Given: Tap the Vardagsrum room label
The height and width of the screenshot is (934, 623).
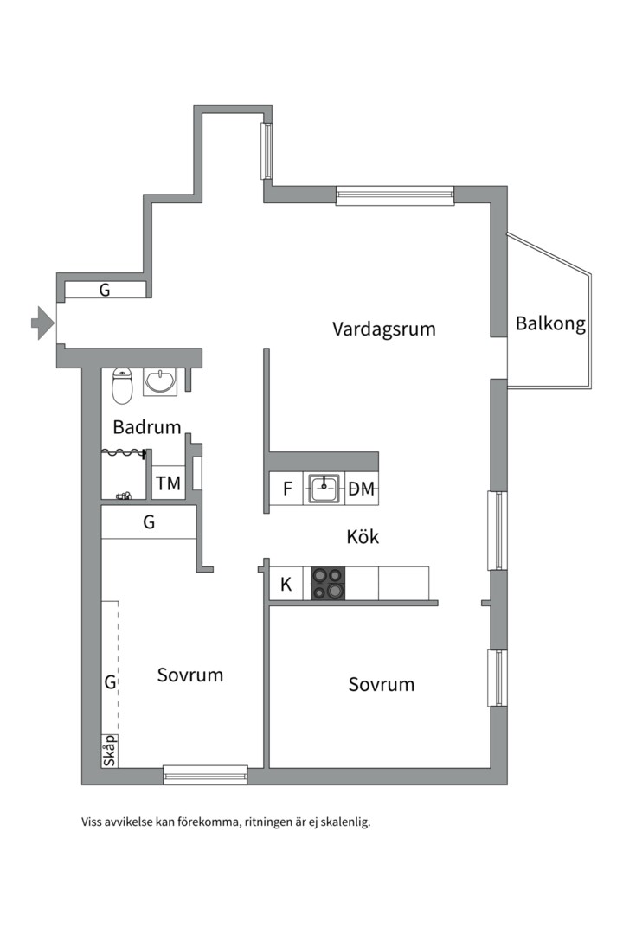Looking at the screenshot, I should point(383,329).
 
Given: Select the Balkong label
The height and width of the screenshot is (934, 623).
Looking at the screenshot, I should point(550,324).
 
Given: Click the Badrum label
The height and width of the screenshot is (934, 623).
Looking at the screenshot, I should point(147,426).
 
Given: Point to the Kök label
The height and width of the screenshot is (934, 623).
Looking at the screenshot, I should point(363,537).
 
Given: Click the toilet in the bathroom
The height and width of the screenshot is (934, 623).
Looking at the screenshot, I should point(122,387).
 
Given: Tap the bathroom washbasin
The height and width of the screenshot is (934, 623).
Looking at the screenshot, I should point(160,381).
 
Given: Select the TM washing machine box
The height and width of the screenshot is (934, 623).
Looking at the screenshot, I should point(169,483).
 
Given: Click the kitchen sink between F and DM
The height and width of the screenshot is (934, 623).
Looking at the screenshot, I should point(324,489).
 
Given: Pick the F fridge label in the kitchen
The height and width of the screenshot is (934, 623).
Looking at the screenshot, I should point(287,489).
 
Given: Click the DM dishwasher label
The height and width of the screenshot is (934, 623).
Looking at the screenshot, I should point(362,489).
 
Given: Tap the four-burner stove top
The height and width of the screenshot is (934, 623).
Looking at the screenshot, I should point(328,583).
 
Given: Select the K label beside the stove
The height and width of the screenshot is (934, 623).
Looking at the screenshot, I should point(286,584).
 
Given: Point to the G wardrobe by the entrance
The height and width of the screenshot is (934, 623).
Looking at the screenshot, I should point(105,291).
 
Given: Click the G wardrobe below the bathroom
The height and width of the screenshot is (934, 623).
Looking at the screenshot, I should point(149,522).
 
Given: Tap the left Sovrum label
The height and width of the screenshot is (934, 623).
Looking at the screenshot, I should point(190,675).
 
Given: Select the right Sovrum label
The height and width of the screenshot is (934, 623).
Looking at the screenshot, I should point(382,684).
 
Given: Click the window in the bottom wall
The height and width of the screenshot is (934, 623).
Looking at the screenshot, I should point(206,775).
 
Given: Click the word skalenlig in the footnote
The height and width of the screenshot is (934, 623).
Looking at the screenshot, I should point(343,822).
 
